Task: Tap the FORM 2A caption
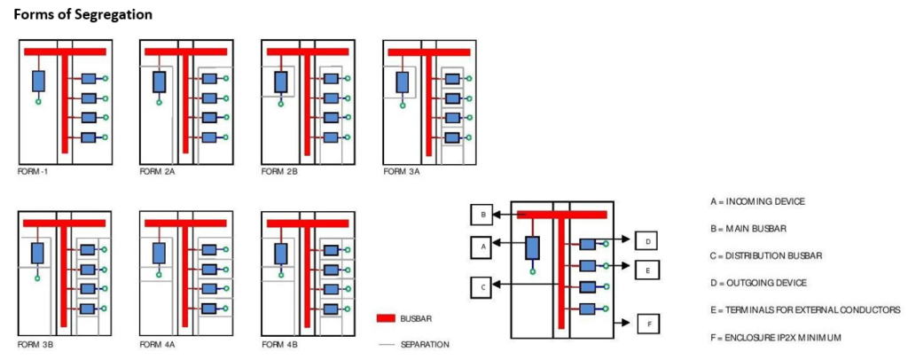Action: point(157,171)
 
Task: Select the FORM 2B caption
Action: point(278,171)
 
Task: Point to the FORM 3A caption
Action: point(401,171)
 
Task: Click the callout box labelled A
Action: point(481,247)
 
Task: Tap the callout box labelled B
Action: point(481,215)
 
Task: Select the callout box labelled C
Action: point(481,286)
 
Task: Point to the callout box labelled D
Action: point(647,240)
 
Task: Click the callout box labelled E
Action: point(647,270)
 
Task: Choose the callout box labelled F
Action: point(648,325)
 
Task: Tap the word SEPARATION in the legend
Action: point(425,343)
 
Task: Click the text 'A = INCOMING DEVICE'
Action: point(757,201)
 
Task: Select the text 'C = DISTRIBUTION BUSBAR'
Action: point(766,255)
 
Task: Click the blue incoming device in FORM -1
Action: point(38,81)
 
